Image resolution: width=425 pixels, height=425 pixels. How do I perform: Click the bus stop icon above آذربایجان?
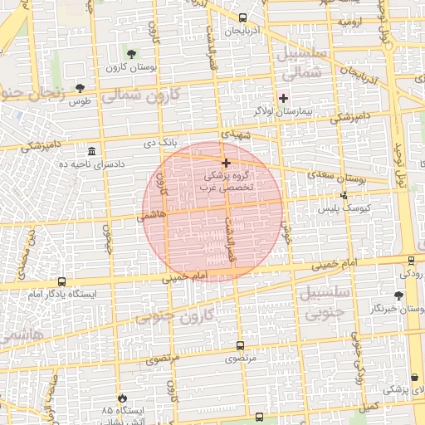[x=242, y=17]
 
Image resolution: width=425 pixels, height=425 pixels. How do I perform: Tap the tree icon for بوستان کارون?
[x=134, y=53]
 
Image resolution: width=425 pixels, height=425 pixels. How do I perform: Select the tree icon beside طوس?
[x=80, y=87]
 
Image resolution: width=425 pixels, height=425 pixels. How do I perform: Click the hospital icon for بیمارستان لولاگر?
[x=283, y=98]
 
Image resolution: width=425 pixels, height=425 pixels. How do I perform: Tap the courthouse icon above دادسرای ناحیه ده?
[x=90, y=152]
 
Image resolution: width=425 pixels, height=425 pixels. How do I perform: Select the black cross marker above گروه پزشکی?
[x=226, y=163]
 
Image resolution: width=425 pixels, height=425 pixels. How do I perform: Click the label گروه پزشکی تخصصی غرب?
[x=228, y=182]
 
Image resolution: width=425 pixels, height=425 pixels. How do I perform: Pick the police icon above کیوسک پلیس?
[x=344, y=195]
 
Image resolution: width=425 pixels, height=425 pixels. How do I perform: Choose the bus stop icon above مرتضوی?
[x=240, y=345]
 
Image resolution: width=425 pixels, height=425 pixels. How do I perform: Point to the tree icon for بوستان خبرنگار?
[x=400, y=295]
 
